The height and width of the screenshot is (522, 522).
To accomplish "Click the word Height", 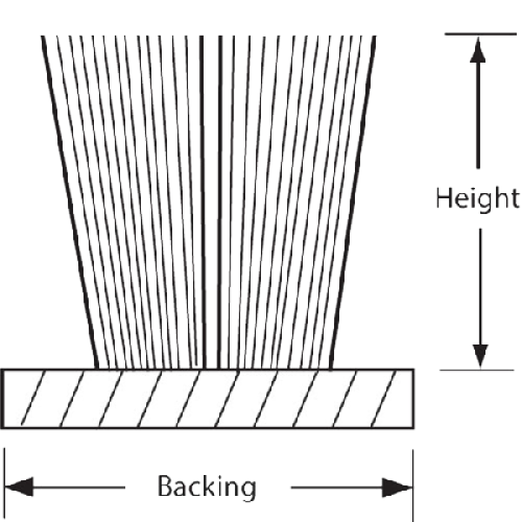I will pos(476,198).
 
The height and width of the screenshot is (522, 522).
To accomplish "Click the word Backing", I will pos(205,486).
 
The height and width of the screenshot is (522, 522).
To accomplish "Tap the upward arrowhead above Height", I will pos(476,54).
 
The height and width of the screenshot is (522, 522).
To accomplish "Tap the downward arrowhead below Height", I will pos(476,355).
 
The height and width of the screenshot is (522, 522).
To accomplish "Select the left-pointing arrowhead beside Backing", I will pos(23,486).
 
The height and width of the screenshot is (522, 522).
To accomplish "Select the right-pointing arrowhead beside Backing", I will pos(396,486).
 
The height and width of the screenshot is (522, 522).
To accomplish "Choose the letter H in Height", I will pos(443,198).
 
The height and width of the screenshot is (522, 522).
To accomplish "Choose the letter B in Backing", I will pos(164,486).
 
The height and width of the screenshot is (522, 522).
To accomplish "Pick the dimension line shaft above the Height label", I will pos(476,113).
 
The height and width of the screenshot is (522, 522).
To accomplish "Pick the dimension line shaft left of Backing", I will pos(87,486).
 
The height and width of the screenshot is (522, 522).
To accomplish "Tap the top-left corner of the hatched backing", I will pos(4,370).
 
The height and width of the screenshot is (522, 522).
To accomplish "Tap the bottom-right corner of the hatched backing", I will pos(414,427).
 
